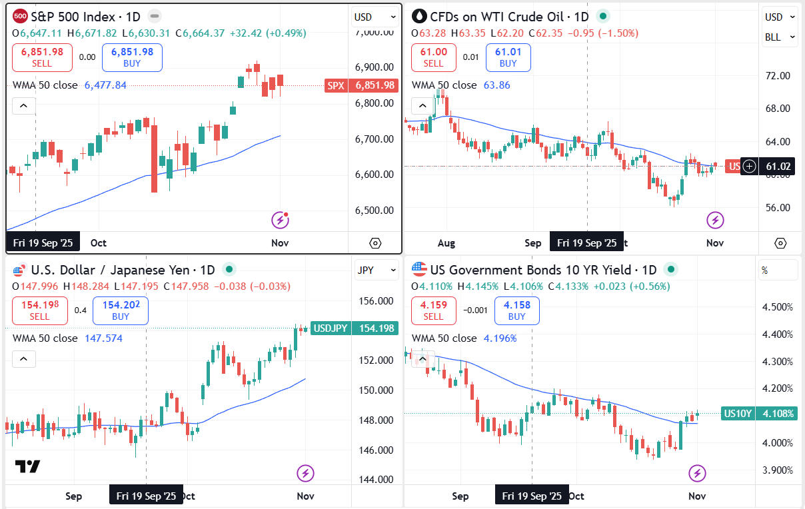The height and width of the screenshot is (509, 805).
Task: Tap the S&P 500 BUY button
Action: tap(132, 57)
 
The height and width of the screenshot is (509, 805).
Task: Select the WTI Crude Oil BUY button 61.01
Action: tap(508, 57)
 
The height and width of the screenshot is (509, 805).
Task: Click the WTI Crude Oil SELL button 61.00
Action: tap(434, 57)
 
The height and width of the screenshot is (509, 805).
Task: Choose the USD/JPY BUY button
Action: tap(121, 310)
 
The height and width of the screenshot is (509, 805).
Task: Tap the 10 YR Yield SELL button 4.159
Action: tap(434, 310)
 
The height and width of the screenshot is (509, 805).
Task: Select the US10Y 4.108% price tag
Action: tap(758, 414)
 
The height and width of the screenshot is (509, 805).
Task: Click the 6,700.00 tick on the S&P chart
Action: tap(374, 139)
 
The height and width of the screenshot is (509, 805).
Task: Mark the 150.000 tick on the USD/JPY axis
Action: tap(377, 390)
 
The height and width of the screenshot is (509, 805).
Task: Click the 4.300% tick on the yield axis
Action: tap(776, 362)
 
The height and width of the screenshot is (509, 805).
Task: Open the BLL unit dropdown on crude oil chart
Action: tap(779, 37)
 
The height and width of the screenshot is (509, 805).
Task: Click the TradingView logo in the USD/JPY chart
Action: tap(27, 466)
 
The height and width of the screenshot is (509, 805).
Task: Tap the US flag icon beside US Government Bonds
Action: tap(418, 270)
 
